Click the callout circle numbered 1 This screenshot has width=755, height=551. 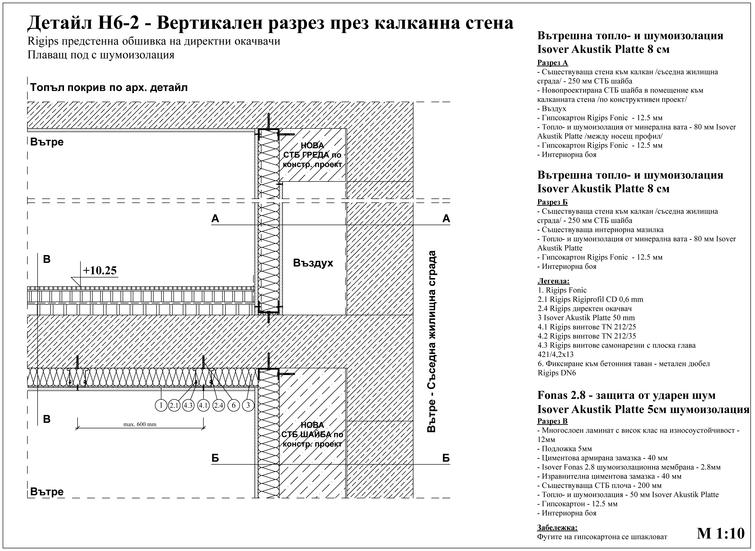(161, 405)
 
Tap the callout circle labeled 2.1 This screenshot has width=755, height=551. (174, 405)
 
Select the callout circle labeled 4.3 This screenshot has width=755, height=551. (188, 405)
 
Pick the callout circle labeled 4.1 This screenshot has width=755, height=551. (203, 405)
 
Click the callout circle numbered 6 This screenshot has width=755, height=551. (234, 405)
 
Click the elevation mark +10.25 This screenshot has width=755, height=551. (100, 270)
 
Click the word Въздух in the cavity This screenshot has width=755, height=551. (313, 263)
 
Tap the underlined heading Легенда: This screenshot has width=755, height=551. (553, 281)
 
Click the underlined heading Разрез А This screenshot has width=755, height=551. (553, 63)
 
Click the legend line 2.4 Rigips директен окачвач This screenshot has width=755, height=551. (585, 309)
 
